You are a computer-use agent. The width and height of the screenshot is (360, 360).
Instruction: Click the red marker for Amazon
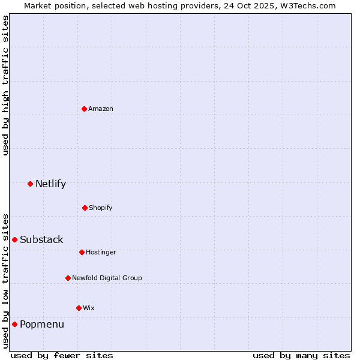[84, 109]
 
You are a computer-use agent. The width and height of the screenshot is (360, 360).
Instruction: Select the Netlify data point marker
[30, 184]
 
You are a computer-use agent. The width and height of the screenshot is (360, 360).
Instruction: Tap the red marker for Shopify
[85, 208]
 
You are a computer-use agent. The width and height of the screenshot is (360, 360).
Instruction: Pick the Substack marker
[14, 239]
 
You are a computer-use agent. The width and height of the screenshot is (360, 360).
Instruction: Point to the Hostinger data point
[82, 252]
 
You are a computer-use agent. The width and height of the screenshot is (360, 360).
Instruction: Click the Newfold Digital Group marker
[68, 278]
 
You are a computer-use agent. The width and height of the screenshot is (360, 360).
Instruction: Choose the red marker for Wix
[79, 308]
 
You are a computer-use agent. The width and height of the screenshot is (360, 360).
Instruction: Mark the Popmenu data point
[14, 324]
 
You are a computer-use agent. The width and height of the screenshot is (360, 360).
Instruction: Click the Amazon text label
[101, 109]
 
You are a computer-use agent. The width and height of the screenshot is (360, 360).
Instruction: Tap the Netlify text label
[50, 184]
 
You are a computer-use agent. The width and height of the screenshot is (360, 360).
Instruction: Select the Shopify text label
[101, 208]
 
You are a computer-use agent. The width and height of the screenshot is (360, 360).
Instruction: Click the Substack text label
[41, 239]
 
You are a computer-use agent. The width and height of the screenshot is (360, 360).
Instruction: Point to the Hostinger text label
[101, 252]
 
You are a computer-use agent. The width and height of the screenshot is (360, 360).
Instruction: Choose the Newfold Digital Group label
[107, 278]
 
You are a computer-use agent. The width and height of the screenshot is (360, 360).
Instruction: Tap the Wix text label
[89, 308]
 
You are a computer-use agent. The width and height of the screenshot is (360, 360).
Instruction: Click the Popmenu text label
[42, 324]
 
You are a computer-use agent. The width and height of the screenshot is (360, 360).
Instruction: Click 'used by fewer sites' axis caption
[61, 355]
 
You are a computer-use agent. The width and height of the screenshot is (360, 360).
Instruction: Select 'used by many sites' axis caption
[301, 355]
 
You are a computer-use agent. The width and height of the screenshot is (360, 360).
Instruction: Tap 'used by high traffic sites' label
[5, 85]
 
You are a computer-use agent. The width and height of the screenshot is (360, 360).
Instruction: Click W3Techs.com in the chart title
[306, 5]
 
